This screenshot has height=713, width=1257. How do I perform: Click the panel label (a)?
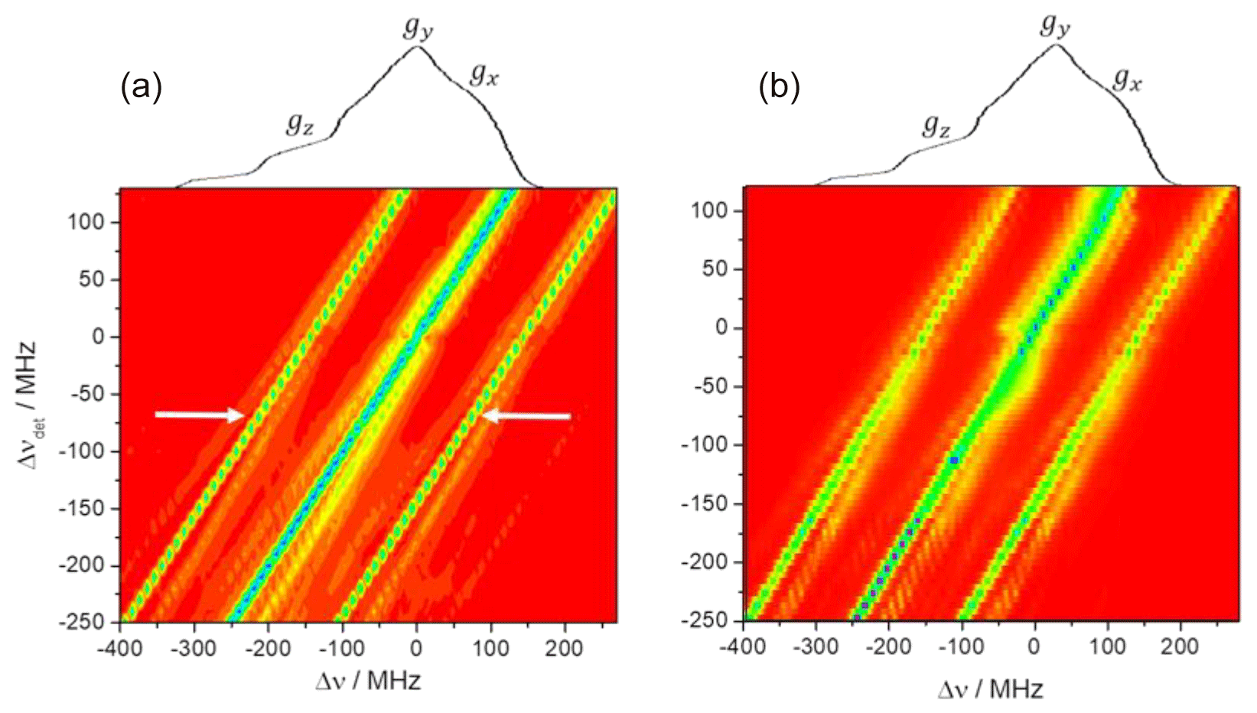(142, 90)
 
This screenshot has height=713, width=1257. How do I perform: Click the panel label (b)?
(780, 89)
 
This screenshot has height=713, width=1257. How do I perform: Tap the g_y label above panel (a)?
(418, 30)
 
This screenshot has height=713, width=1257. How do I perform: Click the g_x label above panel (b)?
(1126, 79)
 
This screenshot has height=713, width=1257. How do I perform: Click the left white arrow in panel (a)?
(200, 415)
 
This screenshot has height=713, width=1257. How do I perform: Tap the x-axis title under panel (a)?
(368, 681)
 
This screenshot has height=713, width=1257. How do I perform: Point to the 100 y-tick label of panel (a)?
(93, 223)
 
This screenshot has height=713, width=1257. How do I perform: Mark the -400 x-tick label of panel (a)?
(119, 650)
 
